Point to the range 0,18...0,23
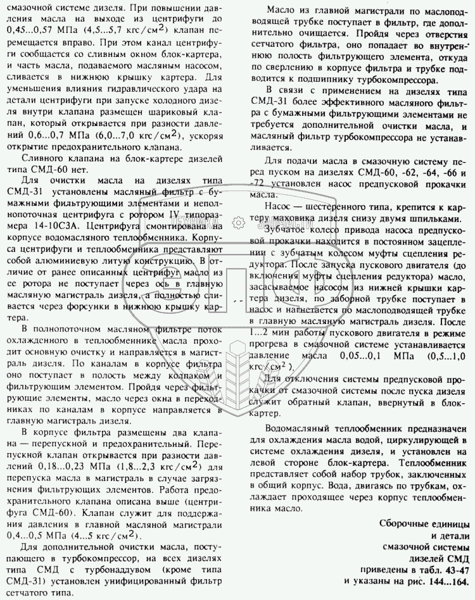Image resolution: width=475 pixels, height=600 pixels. (x=54, y=468)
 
